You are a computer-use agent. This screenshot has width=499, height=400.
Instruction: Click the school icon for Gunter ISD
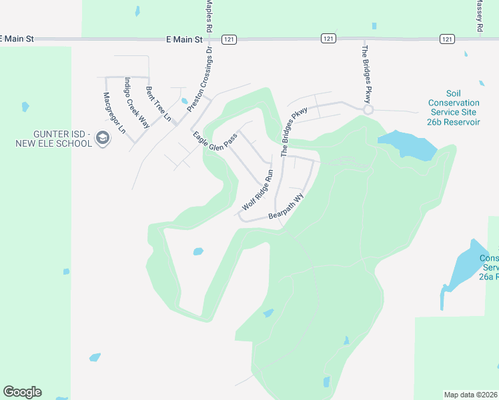pos(102,139)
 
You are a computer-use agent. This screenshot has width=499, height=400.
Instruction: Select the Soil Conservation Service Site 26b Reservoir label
pos(454,108)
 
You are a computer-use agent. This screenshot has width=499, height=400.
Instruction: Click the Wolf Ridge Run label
pos(258,190)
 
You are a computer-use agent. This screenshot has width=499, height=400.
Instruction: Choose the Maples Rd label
pos(209,17)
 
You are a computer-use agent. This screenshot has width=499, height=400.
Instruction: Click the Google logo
pos(22,392)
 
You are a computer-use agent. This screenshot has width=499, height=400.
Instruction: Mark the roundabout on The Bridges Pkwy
pos(368,109)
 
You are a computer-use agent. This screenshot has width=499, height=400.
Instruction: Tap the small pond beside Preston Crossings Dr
pos(183,101)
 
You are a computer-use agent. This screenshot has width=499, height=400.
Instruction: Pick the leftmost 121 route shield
pos(229,39)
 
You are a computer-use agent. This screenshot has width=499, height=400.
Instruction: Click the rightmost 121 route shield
pos(447,39)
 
